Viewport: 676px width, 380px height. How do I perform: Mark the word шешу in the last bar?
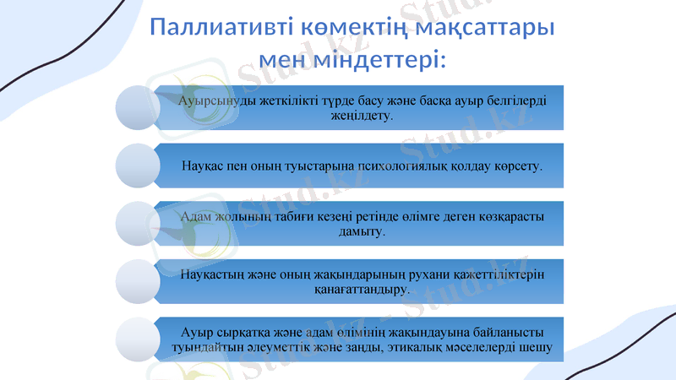click(x=537, y=347)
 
